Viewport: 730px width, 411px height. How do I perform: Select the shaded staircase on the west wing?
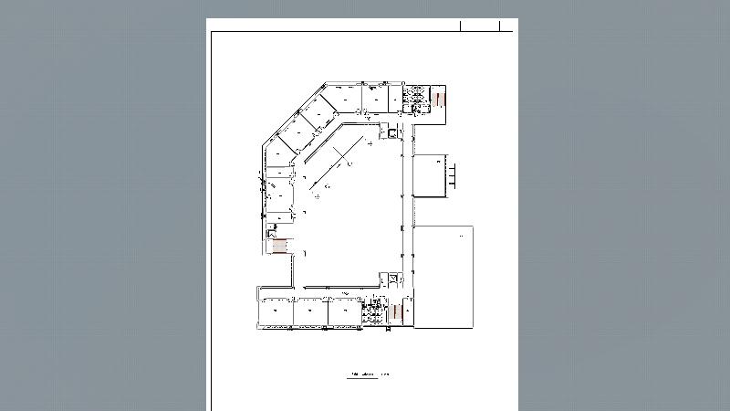pyautogui.click(x=280, y=246)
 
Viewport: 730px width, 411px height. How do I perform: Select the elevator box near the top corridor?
pyautogui.click(x=392, y=133)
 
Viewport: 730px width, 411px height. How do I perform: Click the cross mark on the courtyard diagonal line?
pyautogui.click(x=350, y=163)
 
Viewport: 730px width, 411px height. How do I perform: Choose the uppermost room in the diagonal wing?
pyautogui.click(x=320, y=114)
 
